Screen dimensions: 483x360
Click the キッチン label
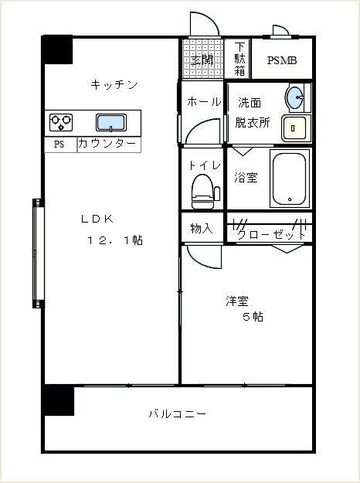(x=114, y=85)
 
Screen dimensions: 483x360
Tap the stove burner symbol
(x=61, y=122)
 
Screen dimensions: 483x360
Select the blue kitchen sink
(x=111, y=122)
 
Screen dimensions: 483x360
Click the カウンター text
(x=107, y=145)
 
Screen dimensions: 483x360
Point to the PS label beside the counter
(x=59, y=145)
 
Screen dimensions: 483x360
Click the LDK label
(x=97, y=219)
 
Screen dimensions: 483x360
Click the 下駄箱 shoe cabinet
(x=239, y=59)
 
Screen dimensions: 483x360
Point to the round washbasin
(x=294, y=98)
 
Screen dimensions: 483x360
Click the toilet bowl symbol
(x=202, y=189)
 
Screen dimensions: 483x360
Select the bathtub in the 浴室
(x=287, y=178)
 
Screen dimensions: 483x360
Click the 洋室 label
(x=237, y=301)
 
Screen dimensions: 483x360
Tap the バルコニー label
(x=177, y=414)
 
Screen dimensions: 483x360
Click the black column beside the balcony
(x=58, y=400)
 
